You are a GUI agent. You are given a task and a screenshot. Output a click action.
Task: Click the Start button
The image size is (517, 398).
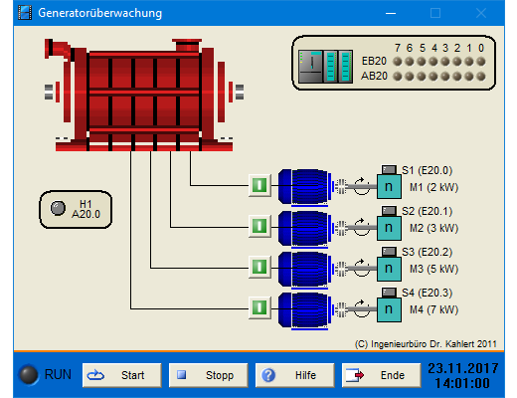(x=122, y=375)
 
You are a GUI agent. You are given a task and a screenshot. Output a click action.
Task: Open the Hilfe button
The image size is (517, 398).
(x=294, y=375)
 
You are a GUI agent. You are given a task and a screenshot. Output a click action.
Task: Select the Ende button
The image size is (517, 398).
(x=381, y=375)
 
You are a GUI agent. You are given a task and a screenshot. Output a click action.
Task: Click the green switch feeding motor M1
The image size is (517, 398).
(x=259, y=185)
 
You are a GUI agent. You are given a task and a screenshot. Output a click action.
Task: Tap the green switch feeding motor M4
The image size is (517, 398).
(x=259, y=307)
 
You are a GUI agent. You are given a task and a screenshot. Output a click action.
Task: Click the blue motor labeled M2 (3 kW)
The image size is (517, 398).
(x=304, y=229)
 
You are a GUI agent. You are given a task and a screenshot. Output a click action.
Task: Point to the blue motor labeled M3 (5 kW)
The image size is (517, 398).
(x=304, y=270)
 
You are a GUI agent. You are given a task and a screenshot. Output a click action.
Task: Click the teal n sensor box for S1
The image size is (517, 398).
(x=389, y=187)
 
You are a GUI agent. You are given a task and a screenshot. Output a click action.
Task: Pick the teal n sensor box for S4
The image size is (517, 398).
(x=389, y=309)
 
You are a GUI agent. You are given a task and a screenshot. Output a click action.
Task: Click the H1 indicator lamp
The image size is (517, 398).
(x=58, y=208)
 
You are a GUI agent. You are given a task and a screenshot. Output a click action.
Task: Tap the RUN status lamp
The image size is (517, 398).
(x=29, y=375)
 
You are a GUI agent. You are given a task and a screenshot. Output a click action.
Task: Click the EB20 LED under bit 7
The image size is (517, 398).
(x=398, y=62)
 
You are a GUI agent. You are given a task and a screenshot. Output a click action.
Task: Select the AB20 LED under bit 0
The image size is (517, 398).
(x=481, y=77)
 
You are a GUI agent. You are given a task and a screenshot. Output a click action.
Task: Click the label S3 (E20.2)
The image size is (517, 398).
(x=427, y=252)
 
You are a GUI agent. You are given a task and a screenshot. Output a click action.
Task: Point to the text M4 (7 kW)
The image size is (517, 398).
(x=433, y=309)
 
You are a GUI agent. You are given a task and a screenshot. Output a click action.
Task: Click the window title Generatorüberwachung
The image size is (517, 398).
(x=100, y=13)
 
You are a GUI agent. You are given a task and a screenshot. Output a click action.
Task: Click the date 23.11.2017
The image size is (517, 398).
(x=463, y=368)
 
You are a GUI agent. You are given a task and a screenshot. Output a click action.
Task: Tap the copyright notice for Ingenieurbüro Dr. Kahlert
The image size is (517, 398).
(x=426, y=344)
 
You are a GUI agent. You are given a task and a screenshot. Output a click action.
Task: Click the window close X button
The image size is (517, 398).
(x=481, y=13)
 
